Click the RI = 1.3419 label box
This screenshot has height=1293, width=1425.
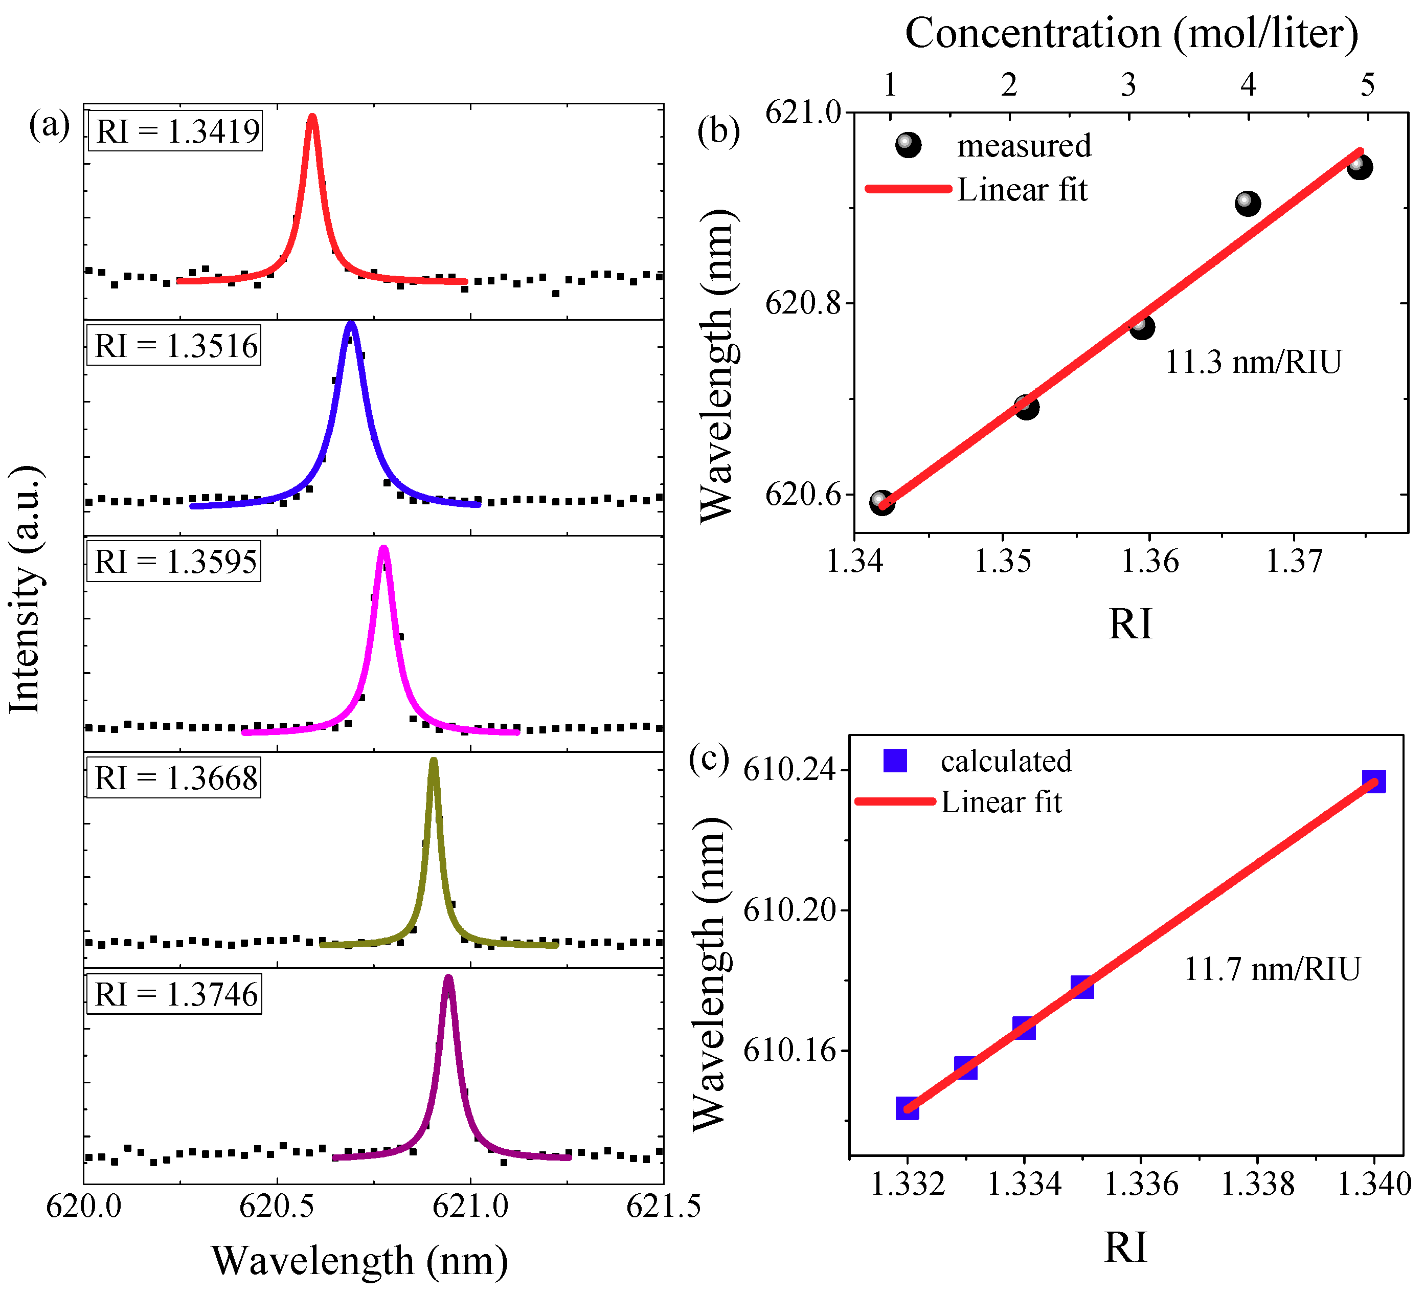(175, 131)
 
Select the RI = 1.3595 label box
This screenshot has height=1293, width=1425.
(174, 562)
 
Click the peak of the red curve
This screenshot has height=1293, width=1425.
(312, 117)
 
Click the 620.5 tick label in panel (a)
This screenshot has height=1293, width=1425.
(277, 1206)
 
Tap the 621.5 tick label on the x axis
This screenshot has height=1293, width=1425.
(663, 1206)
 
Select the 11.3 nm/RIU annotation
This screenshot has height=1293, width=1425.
(1253, 362)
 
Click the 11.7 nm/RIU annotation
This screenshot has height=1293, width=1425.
(1272, 969)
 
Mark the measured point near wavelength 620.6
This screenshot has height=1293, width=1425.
(881, 502)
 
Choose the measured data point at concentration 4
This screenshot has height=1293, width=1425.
(1248, 204)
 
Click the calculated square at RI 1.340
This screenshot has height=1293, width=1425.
(1373, 781)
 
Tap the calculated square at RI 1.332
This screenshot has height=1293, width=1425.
(908, 1108)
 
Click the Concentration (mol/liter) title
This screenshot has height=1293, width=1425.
(1132, 33)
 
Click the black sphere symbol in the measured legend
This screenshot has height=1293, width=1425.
(908, 145)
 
